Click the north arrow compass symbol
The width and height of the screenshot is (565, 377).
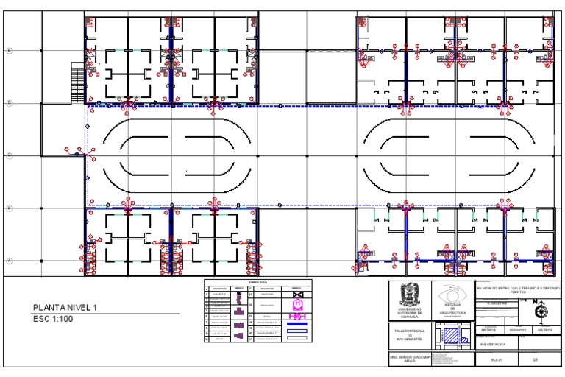pos(541,312)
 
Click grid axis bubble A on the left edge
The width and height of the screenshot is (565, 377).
pos(10,261)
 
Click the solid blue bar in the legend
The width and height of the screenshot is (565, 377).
pos(297,323)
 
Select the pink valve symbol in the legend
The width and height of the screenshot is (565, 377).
pos(297,303)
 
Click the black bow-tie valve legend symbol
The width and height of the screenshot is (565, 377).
pos(297,293)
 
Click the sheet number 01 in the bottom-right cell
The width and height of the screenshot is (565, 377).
pos(536,360)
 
